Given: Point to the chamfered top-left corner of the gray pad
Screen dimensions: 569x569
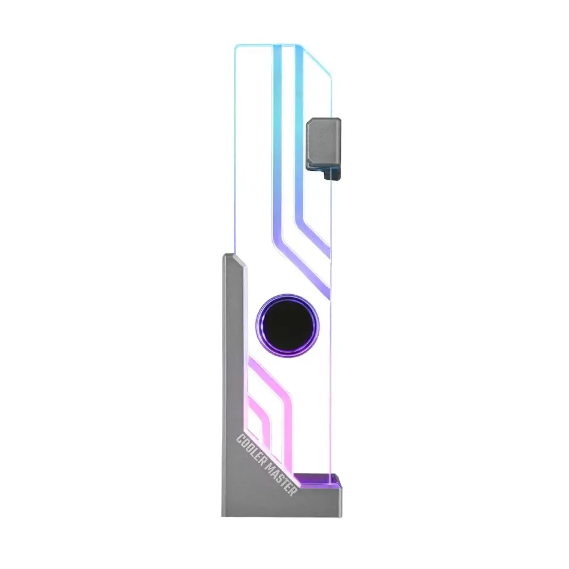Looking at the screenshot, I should (308, 122).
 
